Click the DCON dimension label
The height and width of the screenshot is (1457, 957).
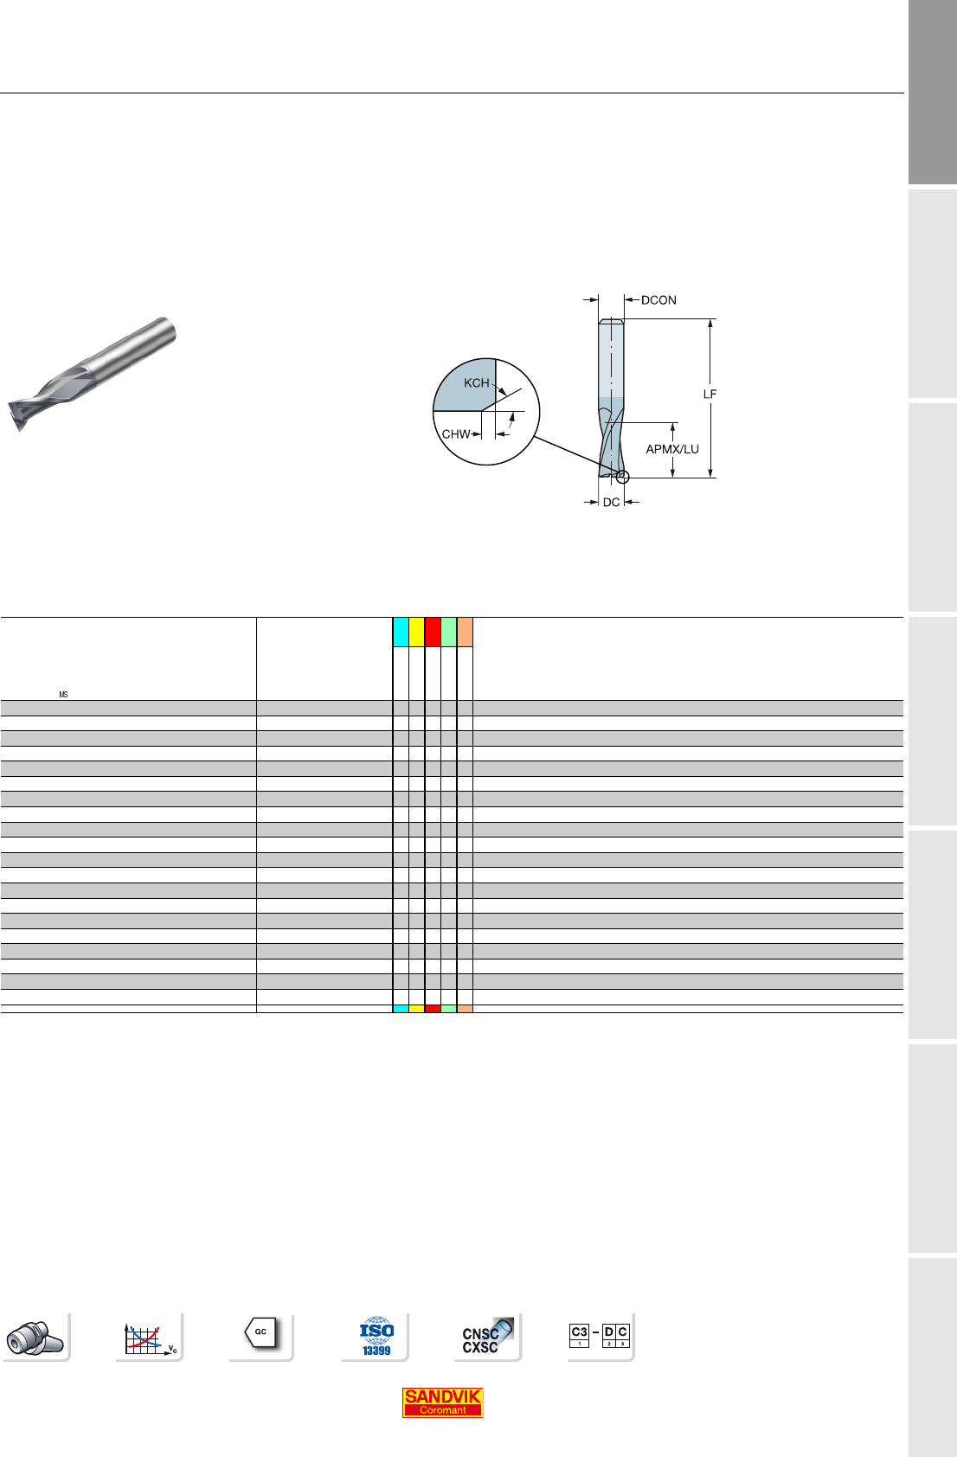(658, 300)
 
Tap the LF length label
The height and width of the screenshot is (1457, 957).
(710, 395)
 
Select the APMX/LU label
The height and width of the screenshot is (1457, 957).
(672, 449)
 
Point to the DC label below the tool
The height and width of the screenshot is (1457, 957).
(612, 502)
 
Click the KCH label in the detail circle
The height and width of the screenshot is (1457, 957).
(476, 383)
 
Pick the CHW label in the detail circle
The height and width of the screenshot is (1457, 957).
(455, 433)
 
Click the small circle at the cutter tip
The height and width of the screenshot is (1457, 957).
(623, 477)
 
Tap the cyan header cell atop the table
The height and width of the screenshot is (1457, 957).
(401, 632)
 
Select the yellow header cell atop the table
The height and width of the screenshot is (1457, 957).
(416, 632)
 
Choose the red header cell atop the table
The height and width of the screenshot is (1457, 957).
(433, 632)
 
